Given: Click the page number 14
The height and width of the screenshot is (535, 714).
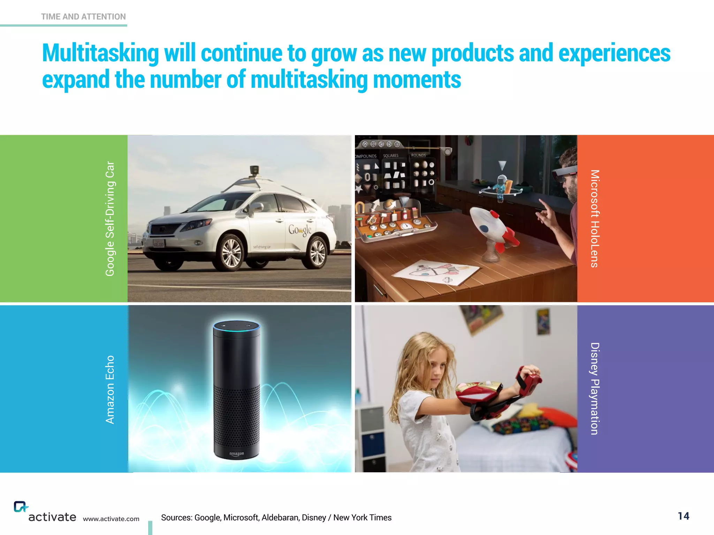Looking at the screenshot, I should [x=683, y=516].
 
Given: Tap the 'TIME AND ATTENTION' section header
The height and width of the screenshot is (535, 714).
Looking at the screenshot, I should [x=83, y=17].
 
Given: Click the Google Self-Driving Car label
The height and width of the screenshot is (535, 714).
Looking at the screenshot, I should [x=110, y=219].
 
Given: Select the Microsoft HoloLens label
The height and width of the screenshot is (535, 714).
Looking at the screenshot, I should [x=595, y=219].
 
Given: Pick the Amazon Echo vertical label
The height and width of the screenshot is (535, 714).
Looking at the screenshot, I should [x=110, y=389].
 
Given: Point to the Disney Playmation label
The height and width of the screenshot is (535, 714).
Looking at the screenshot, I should [x=595, y=389].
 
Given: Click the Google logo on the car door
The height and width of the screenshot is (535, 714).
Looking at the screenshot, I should [x=299, y=230].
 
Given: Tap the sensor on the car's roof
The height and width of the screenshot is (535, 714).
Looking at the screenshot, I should [x=255, y=171].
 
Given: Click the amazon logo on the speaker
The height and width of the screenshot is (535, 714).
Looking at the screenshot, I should [x=236, y=454].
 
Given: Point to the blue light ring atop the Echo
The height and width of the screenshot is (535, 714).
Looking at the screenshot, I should [x=236, y=326].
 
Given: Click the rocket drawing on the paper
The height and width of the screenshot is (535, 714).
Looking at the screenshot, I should [x=436, y=272].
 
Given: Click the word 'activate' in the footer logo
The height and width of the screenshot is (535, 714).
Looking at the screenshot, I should [x=52, y=517].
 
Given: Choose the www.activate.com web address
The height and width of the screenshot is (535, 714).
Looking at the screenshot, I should [x=111, y=519].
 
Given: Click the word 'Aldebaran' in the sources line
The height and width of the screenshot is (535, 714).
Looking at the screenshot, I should [x=280, y=518].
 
